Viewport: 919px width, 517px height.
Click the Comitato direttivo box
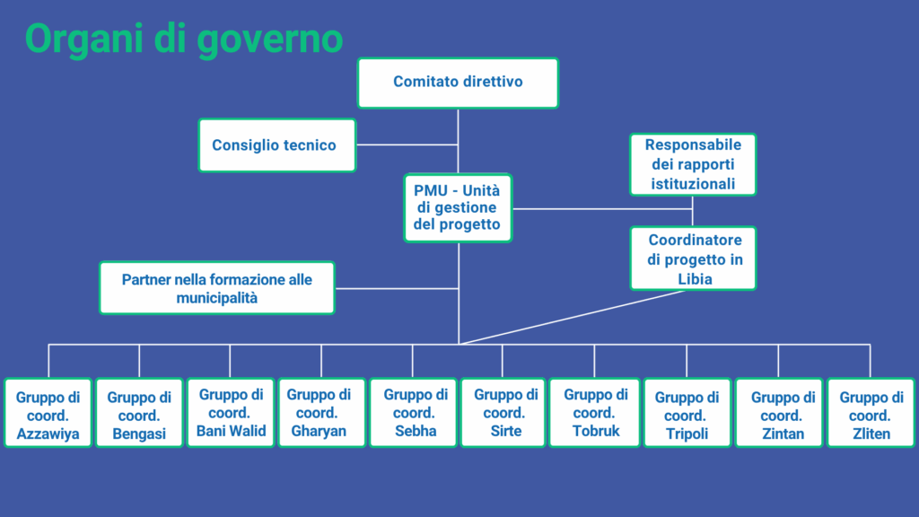458,83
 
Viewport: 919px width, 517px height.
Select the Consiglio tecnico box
277,145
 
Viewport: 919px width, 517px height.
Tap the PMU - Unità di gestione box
458,208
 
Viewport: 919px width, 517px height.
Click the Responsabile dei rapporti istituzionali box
693,165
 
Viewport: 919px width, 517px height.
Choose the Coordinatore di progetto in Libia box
693,258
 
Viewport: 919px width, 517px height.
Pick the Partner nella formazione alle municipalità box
217,288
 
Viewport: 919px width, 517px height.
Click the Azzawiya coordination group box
48,413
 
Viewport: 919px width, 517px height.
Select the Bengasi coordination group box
139,413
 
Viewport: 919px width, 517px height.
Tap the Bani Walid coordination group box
231,413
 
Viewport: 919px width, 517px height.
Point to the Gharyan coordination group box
322,413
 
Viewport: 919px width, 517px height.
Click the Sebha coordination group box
413,413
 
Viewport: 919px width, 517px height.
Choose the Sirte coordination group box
503,413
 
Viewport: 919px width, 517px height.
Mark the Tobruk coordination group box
594,413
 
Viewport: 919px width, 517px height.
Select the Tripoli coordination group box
687,413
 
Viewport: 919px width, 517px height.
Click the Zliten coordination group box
871,413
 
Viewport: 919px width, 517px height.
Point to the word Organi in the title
85,39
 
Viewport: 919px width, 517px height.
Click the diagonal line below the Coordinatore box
572,317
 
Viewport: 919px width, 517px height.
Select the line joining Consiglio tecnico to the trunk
407,145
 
